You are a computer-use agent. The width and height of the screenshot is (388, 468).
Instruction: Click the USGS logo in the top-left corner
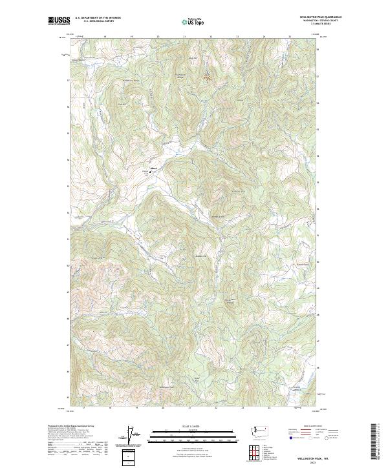(59, 20)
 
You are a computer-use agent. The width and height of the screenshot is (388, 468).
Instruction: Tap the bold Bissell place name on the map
(154, 170)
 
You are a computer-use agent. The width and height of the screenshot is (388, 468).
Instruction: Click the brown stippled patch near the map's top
(208, 78)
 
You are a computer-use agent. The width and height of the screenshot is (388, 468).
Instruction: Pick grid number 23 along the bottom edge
(242, 409)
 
